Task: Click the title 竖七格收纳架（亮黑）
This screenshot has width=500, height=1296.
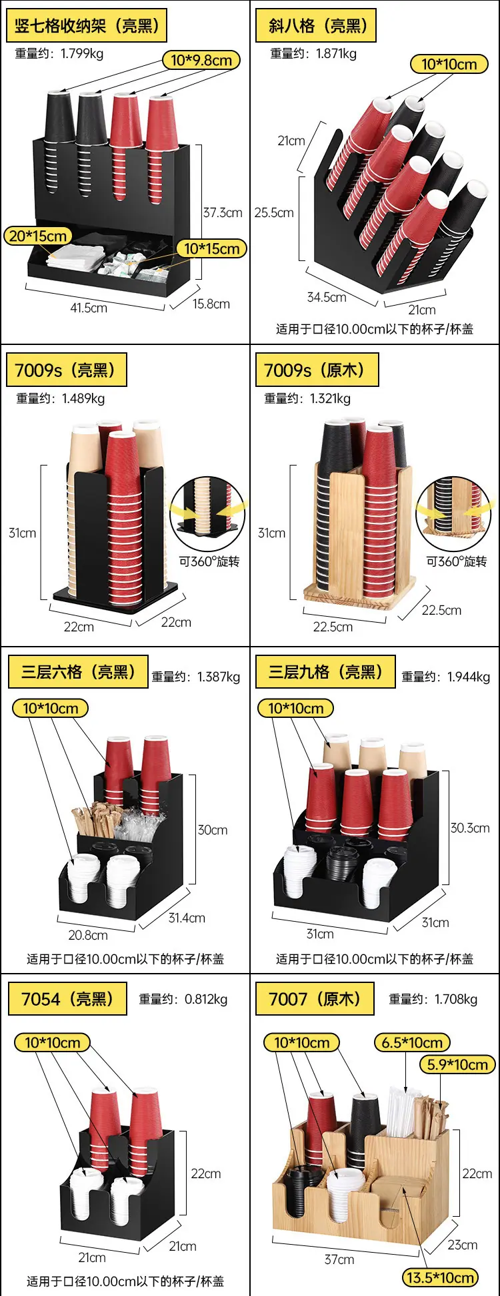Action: (87, 26)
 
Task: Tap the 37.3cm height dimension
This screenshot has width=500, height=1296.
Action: (223, 213)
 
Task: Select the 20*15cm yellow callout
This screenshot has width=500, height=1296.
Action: (39, 236)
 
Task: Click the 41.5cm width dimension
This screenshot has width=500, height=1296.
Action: (89, 308)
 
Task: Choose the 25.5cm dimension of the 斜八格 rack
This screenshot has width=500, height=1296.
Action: (274, 213)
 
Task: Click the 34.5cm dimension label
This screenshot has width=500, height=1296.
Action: (327, 297)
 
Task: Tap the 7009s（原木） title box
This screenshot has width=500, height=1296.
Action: (317, 370)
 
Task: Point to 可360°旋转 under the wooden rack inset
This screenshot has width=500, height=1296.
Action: (457, 561)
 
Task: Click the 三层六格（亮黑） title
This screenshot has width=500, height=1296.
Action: (78, 672)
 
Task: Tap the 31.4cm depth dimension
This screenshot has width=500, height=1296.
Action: (187, 918)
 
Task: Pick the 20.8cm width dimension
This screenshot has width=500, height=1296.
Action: (88, 935)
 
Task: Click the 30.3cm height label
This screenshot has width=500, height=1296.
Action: (470, 828)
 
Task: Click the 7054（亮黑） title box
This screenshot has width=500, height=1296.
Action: (67, 999)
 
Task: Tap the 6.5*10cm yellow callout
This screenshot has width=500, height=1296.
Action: (412, 1042)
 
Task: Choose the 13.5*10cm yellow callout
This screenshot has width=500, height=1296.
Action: (441, 1278)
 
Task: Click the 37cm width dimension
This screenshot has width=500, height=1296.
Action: (339, 1259)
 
